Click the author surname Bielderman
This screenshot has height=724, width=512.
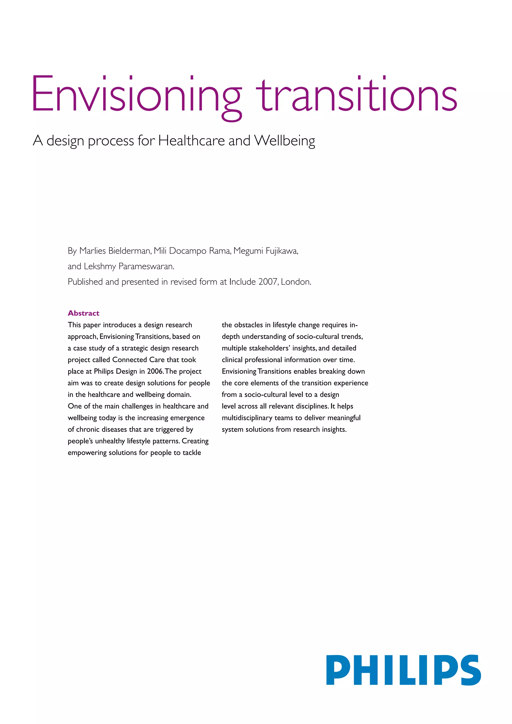129,251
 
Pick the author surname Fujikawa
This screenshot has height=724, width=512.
281,251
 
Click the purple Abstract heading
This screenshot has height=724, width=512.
83,313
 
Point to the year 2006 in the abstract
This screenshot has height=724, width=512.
155,371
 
